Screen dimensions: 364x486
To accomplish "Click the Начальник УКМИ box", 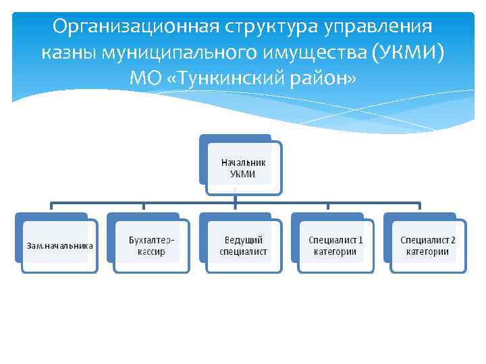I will coord(243,168).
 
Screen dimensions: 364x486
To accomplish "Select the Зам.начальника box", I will coord(59,245).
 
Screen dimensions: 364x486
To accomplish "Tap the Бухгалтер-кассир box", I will coord(151,246).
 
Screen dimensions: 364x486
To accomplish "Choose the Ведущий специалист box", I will coord(243,246).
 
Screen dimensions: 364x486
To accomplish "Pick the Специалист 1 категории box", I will coord(335,246).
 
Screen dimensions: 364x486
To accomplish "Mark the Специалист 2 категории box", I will coord(427,246).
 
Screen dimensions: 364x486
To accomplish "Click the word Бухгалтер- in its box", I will coord(151,240).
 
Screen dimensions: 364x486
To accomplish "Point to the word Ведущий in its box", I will coord(244,240).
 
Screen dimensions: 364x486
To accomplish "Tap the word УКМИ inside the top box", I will coord(243,174).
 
